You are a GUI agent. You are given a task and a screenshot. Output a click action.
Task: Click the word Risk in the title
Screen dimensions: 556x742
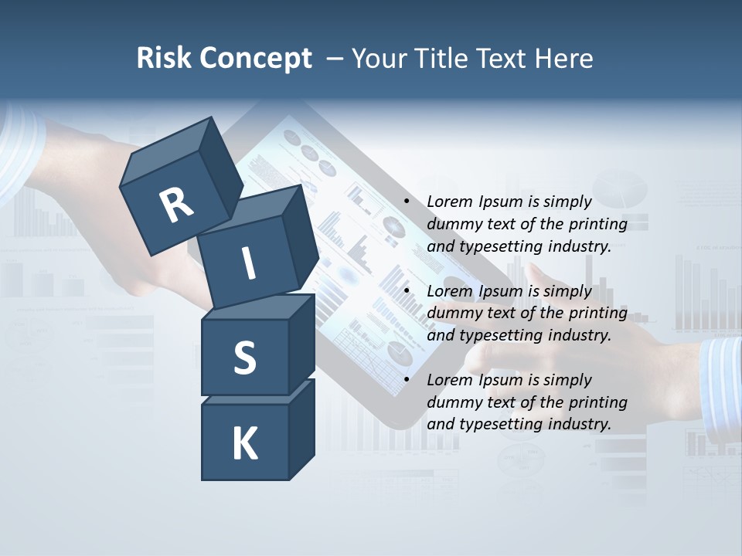click(165, 58)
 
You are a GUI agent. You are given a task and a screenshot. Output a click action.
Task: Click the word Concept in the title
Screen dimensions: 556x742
click(256, 59)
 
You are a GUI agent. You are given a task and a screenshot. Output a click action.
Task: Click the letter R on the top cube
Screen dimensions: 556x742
click(176, 204)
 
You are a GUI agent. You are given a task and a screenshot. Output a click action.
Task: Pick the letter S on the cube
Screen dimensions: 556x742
click(244, 358)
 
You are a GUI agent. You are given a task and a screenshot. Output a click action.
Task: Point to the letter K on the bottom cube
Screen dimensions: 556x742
click(244, 444)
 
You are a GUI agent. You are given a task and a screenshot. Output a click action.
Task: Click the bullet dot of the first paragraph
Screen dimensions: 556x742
click(407, 202)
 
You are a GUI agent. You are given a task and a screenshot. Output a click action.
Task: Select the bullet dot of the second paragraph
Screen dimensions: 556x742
click(407, 292)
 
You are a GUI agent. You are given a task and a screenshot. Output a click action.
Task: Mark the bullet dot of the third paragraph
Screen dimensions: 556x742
click(407, 381)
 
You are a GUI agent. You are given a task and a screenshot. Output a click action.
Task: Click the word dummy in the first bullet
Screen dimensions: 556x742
click(451, 225)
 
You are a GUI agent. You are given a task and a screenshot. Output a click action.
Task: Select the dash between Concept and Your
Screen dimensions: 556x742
click(335, 58)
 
